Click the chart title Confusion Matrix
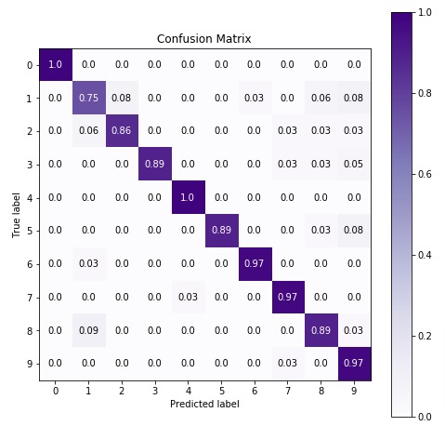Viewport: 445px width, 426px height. (204, 39)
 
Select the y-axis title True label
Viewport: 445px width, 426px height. (17, 215)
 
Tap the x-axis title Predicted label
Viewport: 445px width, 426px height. (204, 405)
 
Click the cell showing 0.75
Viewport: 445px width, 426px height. (89, 98)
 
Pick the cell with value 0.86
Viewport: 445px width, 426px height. (122, 131)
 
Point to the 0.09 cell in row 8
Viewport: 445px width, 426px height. (89, 330)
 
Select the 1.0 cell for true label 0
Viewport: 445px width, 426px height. (56, 65)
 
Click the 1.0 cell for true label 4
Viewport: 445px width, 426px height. (189, 197)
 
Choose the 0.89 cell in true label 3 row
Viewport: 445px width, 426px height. (155, 165)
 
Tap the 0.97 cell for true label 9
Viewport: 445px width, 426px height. (354, 364)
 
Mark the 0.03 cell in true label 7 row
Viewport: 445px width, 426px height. (189, 298)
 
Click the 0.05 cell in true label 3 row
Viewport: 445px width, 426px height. (354, 165)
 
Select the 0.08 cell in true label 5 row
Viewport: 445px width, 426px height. (354, 231)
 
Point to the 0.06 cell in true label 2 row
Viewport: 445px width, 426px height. (89, 131)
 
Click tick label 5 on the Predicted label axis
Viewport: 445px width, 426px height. (221, 391)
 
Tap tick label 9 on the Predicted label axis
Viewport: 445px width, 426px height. (354, 391)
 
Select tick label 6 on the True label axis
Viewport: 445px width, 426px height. (29, 264)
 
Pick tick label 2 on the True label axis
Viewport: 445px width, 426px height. (29, 131)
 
